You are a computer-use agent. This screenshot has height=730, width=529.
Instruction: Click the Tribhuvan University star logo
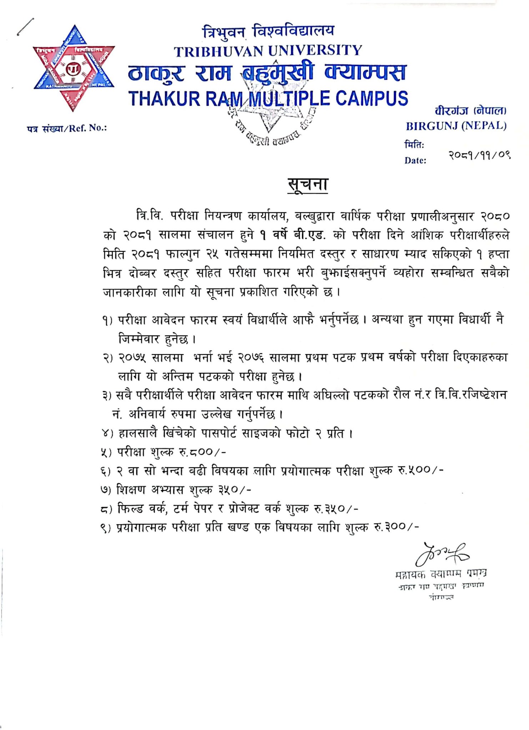coord(74,68)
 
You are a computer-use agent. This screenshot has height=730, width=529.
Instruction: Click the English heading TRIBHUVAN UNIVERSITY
coord(268,51)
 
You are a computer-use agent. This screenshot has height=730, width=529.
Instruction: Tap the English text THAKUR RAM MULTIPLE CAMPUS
coord(268,98)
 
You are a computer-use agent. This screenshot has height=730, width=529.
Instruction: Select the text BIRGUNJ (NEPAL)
coord(456,126)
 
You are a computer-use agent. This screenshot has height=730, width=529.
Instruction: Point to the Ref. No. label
coord(67,128)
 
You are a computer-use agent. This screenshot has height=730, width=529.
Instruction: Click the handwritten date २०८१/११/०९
coord(479,155)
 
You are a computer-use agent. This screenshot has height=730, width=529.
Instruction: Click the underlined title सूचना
coord(308,185)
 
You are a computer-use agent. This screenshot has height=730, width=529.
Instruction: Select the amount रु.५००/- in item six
coord(421,471)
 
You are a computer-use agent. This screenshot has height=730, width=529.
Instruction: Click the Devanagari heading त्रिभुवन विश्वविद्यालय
coord(268,31)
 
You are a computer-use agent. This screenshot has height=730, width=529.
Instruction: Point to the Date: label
coord(415,160)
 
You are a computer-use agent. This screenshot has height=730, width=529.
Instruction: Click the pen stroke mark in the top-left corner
coord(26,26)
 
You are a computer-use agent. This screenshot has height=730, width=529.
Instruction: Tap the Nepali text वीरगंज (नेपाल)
coord(470,111)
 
